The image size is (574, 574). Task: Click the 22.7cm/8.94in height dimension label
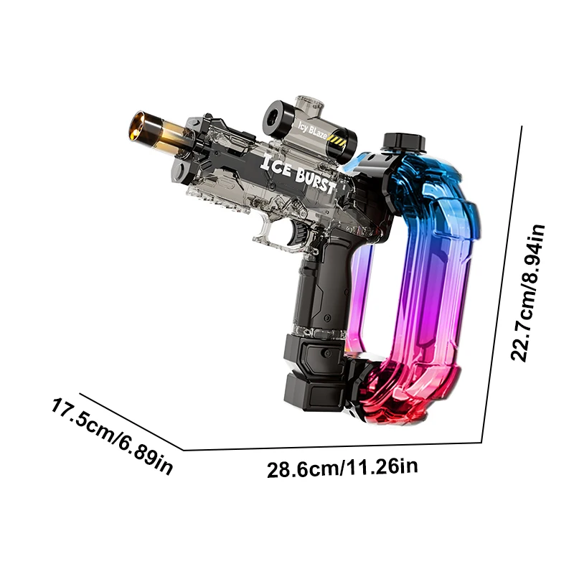(x=528, y=293)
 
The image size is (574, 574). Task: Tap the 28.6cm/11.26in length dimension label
(x=342, y=469)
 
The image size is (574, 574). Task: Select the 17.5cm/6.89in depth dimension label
(x=111, y=436)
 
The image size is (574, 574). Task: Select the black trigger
(x=296, y=234)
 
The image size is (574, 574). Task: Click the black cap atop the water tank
(x=404, y=141)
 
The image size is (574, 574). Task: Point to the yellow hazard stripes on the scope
(x=336, y=141)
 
